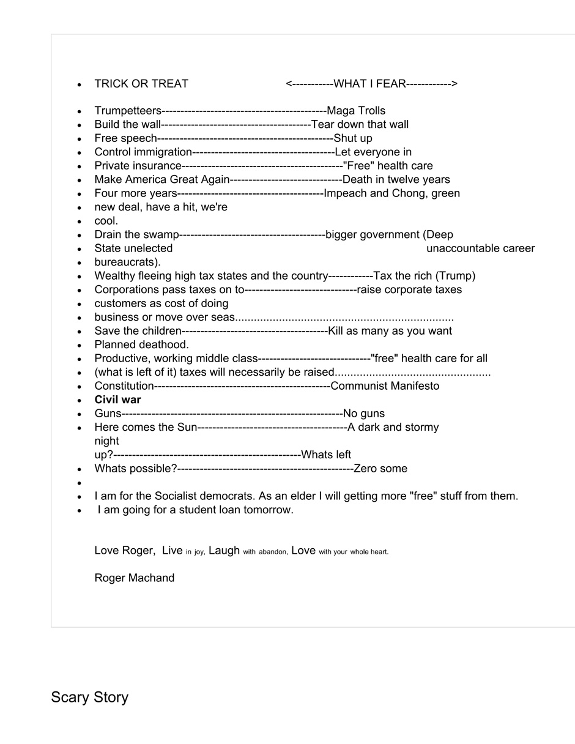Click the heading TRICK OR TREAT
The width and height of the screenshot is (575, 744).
(141, 84)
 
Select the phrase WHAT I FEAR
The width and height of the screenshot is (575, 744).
(369, 84)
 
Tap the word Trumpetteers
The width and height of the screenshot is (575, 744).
(128, 111)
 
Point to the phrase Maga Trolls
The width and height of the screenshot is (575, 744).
(356, 111)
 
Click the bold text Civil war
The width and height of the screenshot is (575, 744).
(117, 400)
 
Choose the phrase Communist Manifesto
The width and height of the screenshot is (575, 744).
(385, 386)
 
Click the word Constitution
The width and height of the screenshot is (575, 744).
(124, 386)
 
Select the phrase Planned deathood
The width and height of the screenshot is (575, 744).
(141, 344)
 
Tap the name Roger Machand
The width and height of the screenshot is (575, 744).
(134, 578)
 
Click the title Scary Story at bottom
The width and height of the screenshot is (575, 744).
(89, 697)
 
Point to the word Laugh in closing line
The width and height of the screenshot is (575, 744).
(224, 550)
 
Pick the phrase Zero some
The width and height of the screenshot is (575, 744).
(380, 469)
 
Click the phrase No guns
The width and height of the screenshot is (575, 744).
(364, 414)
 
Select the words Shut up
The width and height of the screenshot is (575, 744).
(353, 138)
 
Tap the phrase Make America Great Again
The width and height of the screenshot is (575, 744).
(162, 179)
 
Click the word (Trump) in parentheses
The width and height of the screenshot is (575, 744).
(455, 276)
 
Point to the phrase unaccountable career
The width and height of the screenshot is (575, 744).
(480, 248)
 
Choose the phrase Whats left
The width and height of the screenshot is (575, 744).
(326, 455)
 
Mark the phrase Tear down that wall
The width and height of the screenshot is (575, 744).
(360, 125)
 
